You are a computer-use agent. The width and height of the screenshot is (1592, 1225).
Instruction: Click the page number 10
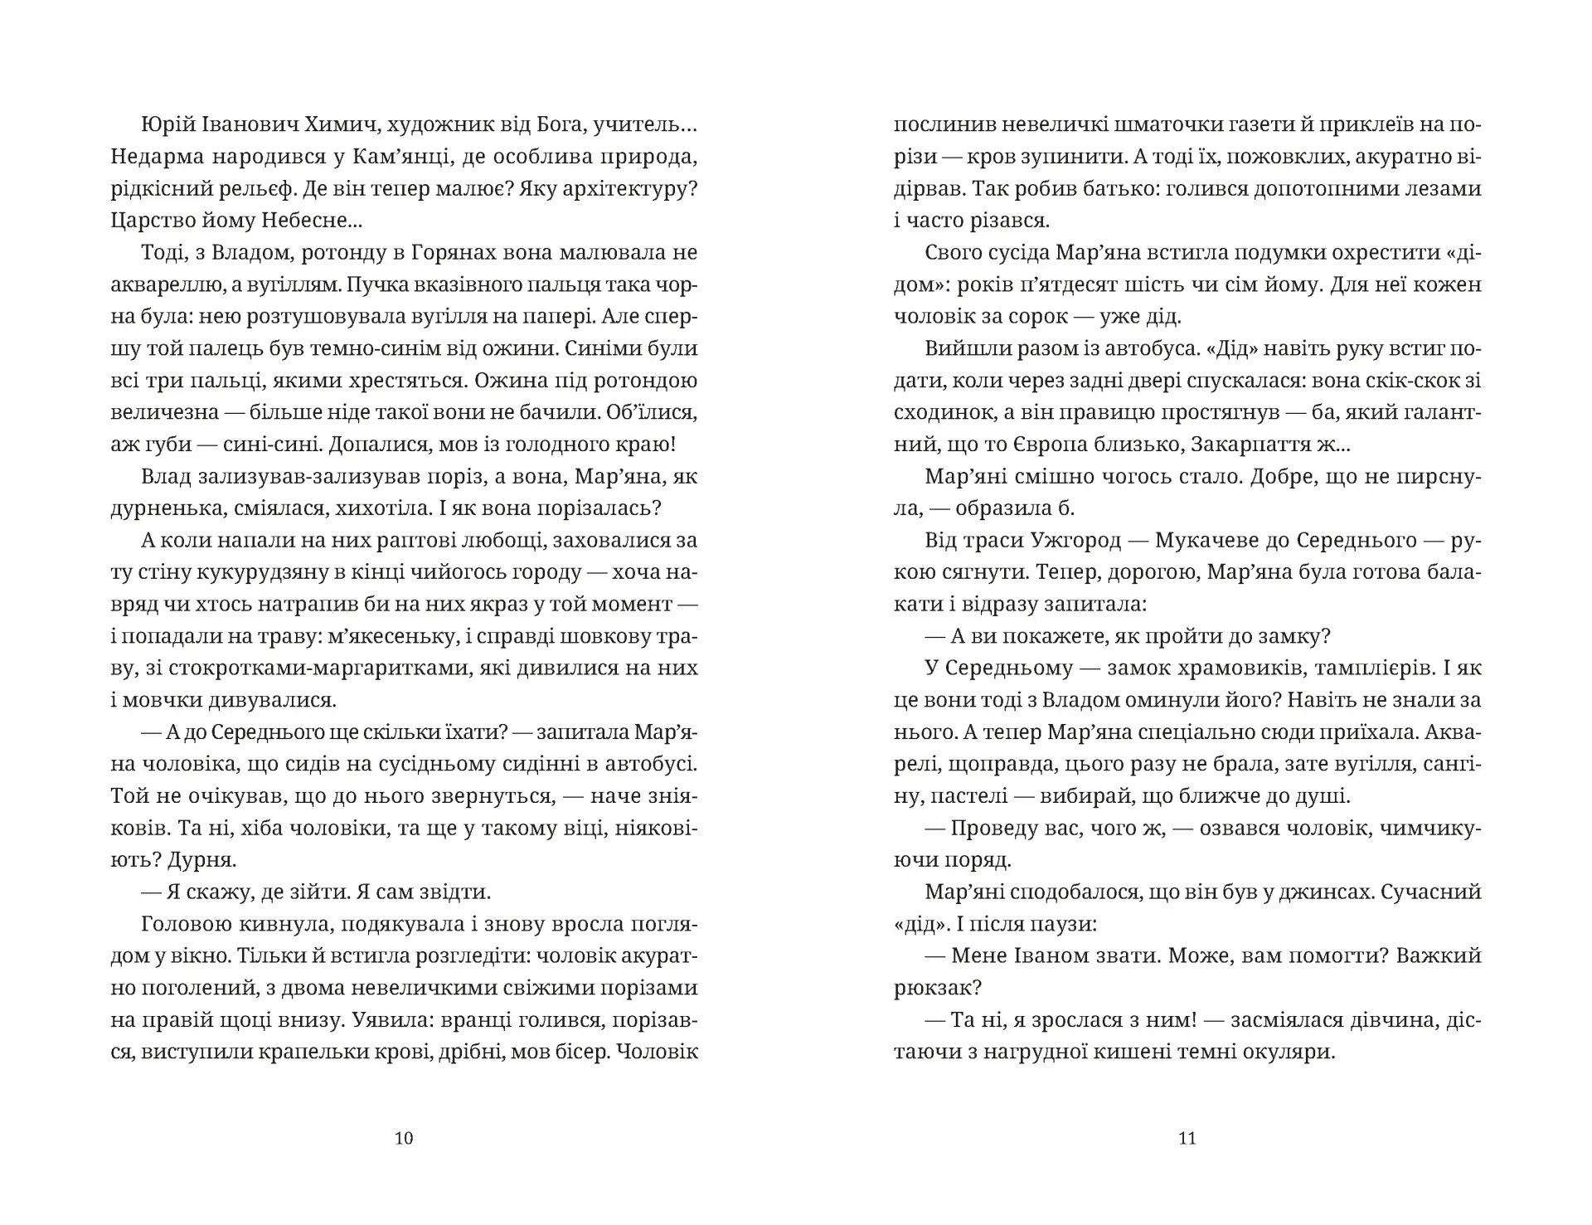[x=404, y=1138]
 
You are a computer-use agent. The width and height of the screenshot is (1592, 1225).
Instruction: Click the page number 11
[x=1187, y=1138]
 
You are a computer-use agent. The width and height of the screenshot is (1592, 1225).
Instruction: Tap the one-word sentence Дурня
[x=202, y=860]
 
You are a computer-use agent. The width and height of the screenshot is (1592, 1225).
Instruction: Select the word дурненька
[x=162, y=508]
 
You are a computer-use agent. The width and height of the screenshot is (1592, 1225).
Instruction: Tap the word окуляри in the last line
[x=1290, y=1052]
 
